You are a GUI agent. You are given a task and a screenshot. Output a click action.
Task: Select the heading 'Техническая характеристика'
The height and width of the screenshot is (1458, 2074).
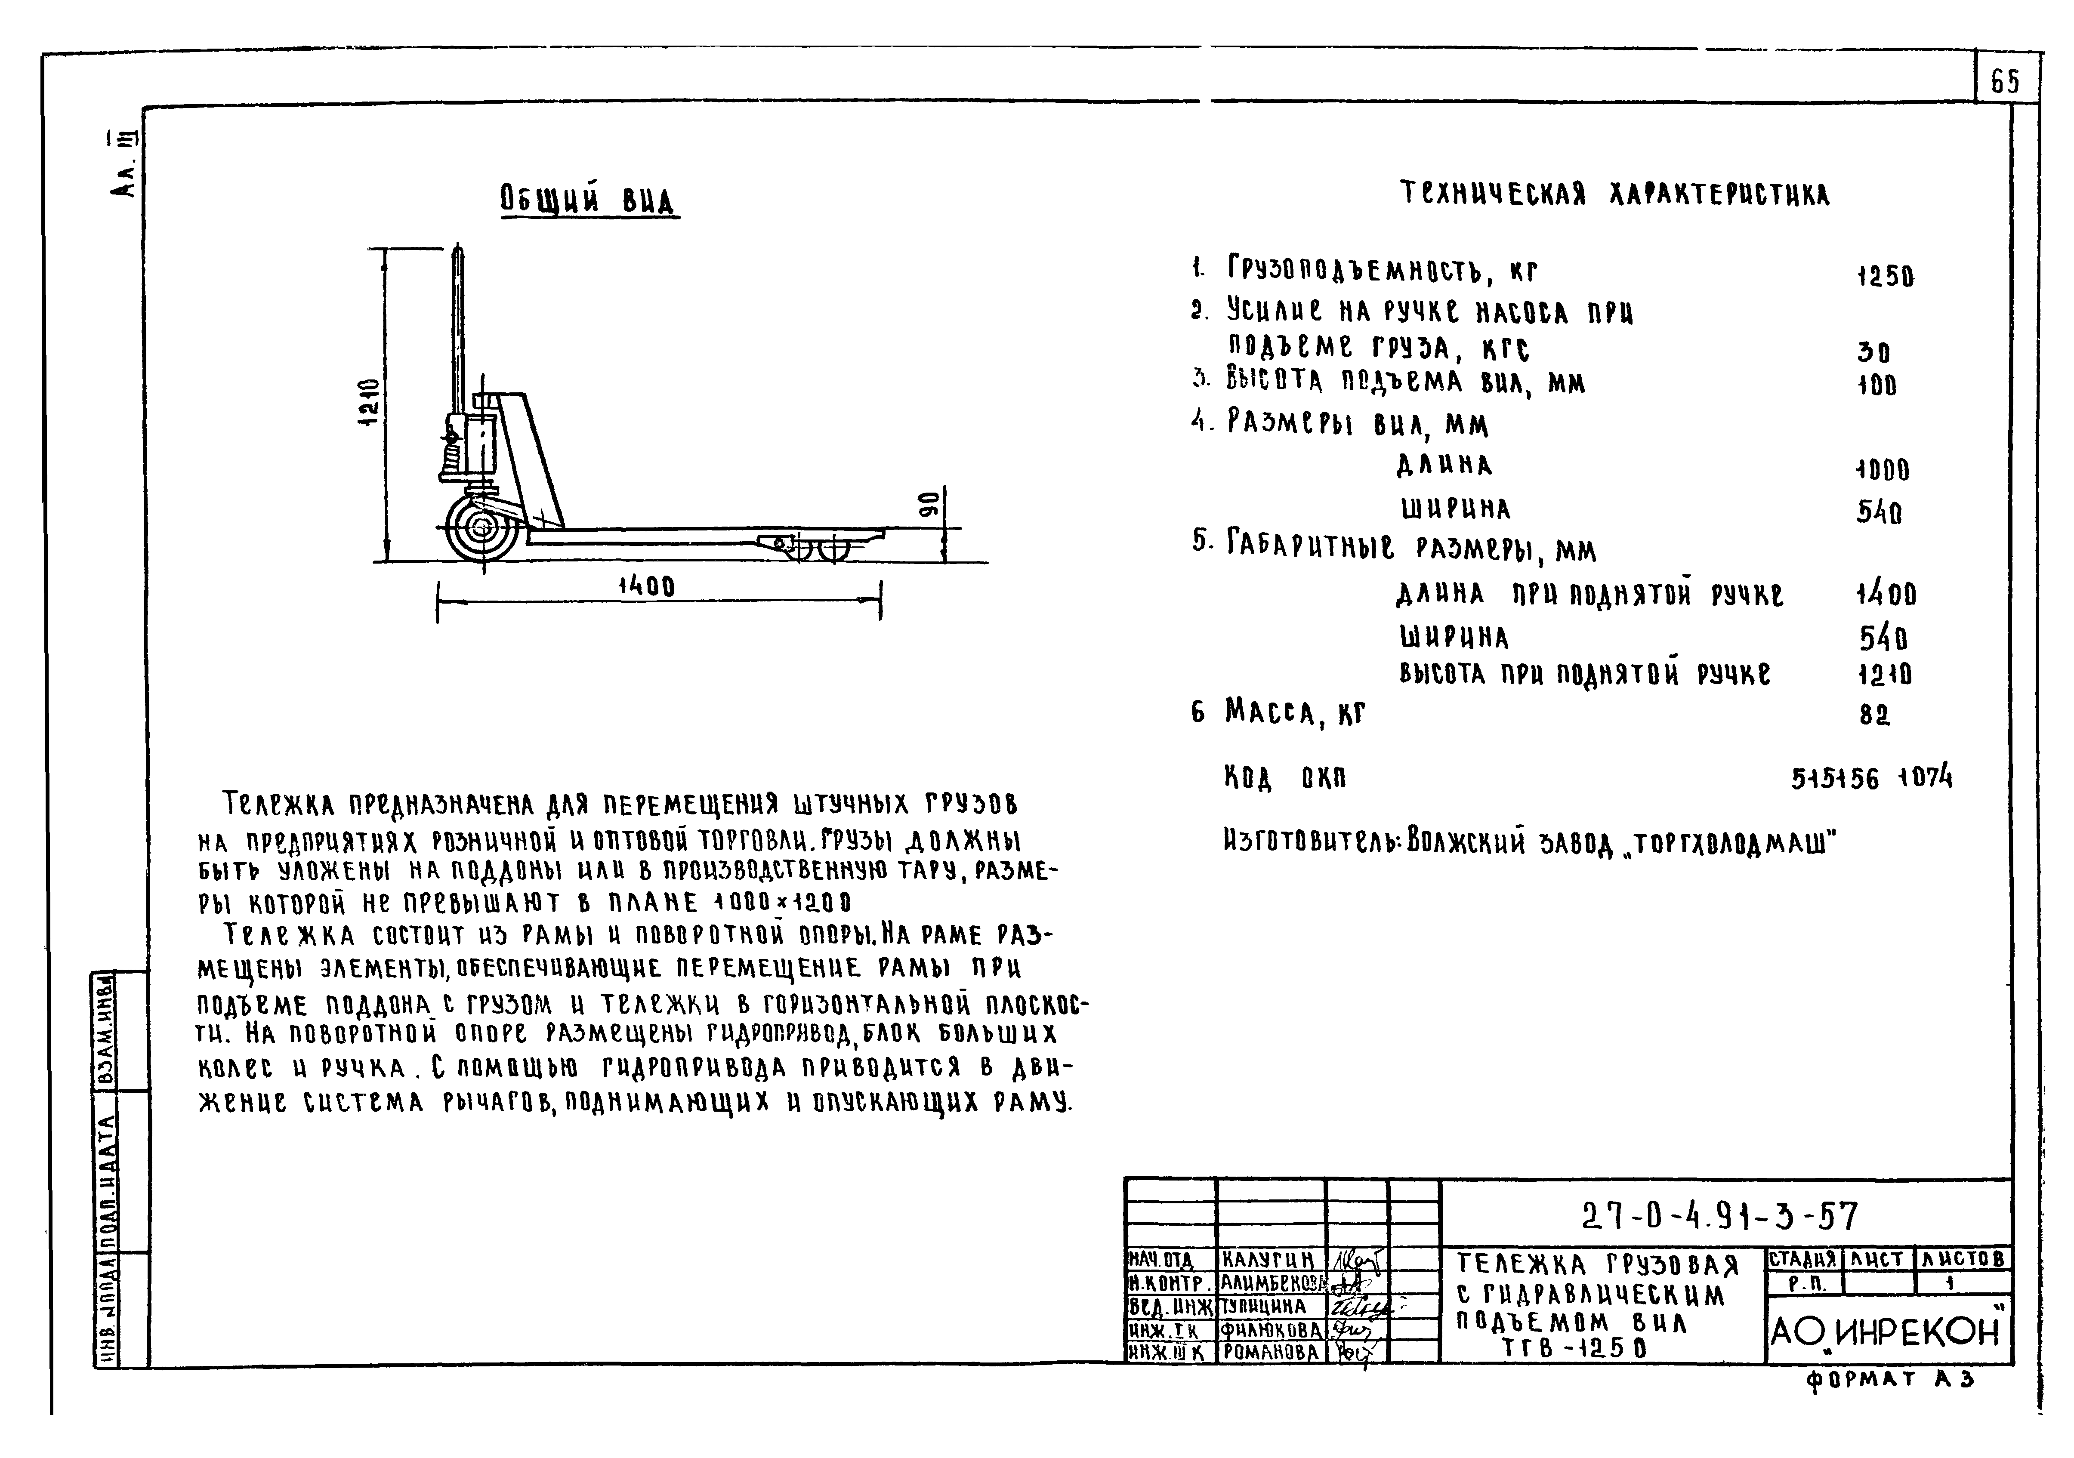pos(1614,194)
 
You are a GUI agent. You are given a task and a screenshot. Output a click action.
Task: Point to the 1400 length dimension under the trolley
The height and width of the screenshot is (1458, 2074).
pos(647,587)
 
